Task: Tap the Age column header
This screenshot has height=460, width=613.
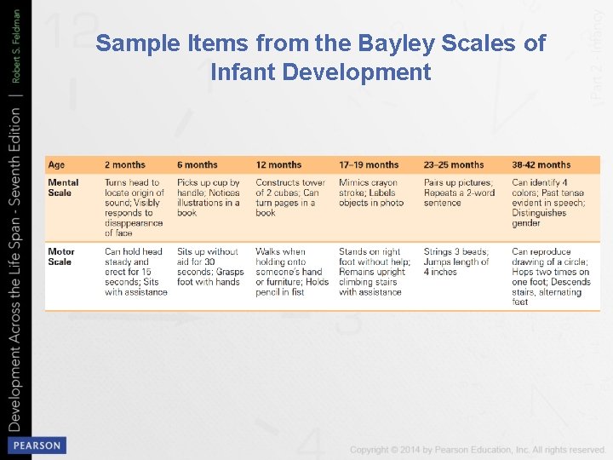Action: (56, 165)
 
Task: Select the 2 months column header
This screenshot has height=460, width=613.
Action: (125, 165)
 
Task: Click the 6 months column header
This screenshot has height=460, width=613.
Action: (198, 165)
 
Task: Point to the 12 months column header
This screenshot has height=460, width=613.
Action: (278, 165)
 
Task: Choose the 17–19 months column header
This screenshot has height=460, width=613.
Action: (369, 165)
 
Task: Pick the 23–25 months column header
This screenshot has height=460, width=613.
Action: (454, 165)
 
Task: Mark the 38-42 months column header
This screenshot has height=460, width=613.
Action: (541, 165)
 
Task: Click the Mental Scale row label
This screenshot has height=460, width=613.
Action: (63, 187)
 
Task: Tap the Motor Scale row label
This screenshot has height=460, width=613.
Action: (61, 256)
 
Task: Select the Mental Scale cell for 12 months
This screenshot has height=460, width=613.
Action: (290, 198)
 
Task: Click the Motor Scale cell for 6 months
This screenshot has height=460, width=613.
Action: (210, 267)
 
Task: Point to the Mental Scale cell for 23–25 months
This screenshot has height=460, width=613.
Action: (459, 193)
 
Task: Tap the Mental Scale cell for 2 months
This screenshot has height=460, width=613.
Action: (135, 208)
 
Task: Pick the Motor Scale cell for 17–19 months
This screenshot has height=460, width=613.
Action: (374, 272)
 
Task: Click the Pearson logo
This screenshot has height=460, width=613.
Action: (36, 445)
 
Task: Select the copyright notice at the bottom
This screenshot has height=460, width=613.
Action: (478, 449)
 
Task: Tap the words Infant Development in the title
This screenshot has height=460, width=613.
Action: (321, 72)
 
